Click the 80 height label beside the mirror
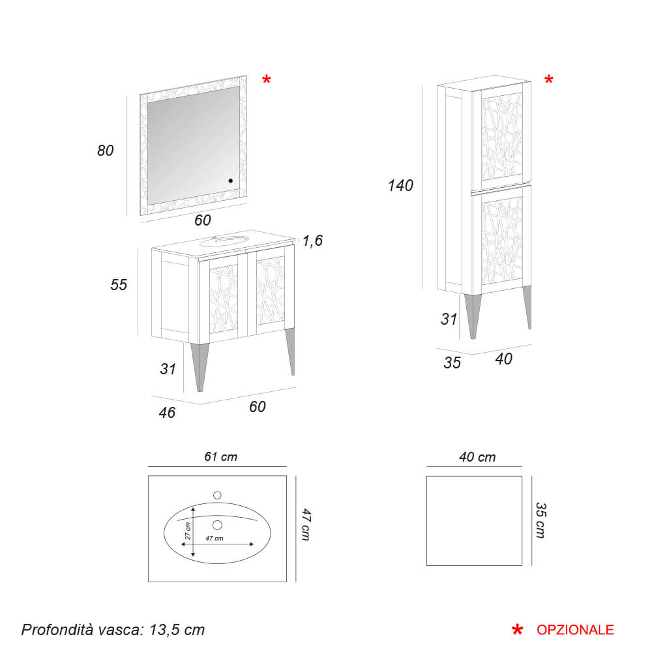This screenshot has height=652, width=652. point(105,151)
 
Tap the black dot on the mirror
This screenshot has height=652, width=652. point(230,181)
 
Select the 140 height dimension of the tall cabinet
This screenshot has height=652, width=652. point(400,185)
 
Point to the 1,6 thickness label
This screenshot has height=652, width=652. point(313,241)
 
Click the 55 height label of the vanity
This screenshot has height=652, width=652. point(119,285)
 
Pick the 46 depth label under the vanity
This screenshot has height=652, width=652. point(167,413)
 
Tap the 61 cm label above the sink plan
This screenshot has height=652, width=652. point(221,456)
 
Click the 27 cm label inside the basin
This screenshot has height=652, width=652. point(188,531)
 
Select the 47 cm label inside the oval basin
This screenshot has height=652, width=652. point(215,538)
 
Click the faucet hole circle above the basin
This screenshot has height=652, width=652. point(217,496)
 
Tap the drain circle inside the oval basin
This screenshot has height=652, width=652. point(217,525)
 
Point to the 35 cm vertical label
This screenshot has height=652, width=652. point(541,520)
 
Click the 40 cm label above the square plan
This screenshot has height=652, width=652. point(477,457)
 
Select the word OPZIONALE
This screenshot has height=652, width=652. point(575,630)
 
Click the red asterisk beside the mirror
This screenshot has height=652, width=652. point(267,80)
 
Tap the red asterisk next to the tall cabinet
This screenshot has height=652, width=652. point(549,80)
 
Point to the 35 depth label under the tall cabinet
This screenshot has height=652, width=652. point(452,363)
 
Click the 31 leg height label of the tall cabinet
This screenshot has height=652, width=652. point(449,319)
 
